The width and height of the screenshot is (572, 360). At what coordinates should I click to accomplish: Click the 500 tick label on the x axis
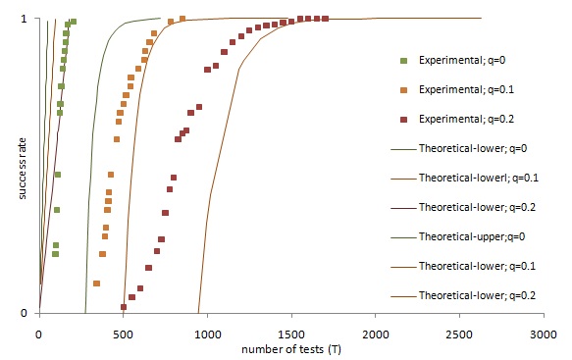click(x=124, y=334)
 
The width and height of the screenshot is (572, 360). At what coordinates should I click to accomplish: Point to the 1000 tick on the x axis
click(x=207, y=334)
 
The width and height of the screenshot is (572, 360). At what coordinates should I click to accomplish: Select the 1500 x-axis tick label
click(x=291, y=334)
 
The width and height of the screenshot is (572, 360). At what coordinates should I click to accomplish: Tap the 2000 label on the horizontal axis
click(x=376, y=334)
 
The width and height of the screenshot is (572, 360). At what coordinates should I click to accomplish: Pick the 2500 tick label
click(x=459, y=334)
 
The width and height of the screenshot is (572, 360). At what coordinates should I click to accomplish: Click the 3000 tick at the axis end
click(x=544, y=334)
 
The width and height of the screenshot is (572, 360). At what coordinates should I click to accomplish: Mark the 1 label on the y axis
click(x=25, y=19)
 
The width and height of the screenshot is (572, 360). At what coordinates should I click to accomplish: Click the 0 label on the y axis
click(x=25, y=313)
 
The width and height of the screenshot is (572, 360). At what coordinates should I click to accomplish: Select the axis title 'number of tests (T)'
click(x=291, y=349)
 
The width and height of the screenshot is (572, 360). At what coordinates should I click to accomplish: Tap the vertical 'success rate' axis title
click(x=23, y=169)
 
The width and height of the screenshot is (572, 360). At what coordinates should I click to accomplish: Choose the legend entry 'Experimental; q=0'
click(x=453, y=60)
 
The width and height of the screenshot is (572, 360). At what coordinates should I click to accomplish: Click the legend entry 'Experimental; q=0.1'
click(x=457, y=89)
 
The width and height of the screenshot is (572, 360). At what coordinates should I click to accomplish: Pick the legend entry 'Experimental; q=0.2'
click(x=457, y=119)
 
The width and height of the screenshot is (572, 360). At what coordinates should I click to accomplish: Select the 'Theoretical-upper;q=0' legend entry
click(x=458, y=236)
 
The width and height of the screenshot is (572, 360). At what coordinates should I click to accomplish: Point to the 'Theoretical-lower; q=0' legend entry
click(x=459, y=148)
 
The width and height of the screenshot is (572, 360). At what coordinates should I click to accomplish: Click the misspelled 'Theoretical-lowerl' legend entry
click(x=464, y=178)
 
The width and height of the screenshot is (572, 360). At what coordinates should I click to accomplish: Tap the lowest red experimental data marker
click(x=124, y=307)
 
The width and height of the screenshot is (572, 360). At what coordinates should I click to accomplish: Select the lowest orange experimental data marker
click(x=97, y=283)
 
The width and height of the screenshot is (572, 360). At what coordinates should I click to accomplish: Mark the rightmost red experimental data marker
click(x=325, y=19)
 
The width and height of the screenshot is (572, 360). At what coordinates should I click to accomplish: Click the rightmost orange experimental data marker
click(x=182, y=19)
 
